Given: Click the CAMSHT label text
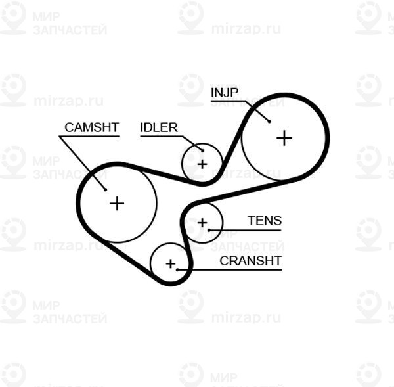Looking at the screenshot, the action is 92,127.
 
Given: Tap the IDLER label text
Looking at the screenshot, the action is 159,127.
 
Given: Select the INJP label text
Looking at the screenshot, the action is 225,93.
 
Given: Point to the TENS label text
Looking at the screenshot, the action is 265,221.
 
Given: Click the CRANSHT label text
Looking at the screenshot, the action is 251,261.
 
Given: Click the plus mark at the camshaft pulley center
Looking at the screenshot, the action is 117,204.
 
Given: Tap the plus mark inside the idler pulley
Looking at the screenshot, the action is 202,164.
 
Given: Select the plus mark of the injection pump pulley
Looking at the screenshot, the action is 284,138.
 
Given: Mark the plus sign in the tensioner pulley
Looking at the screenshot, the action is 202,223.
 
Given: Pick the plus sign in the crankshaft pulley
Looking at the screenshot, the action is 171,263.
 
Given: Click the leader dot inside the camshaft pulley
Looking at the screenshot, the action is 106,190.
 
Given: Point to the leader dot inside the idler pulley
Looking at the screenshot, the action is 202,151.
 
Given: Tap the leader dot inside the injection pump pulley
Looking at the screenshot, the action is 269,122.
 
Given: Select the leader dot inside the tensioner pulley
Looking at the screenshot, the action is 209,230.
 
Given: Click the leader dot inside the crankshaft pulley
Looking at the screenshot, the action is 177,270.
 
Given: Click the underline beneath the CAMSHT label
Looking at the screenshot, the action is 89,137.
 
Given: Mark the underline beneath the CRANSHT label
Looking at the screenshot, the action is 230,270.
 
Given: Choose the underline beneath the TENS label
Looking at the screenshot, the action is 245,230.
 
